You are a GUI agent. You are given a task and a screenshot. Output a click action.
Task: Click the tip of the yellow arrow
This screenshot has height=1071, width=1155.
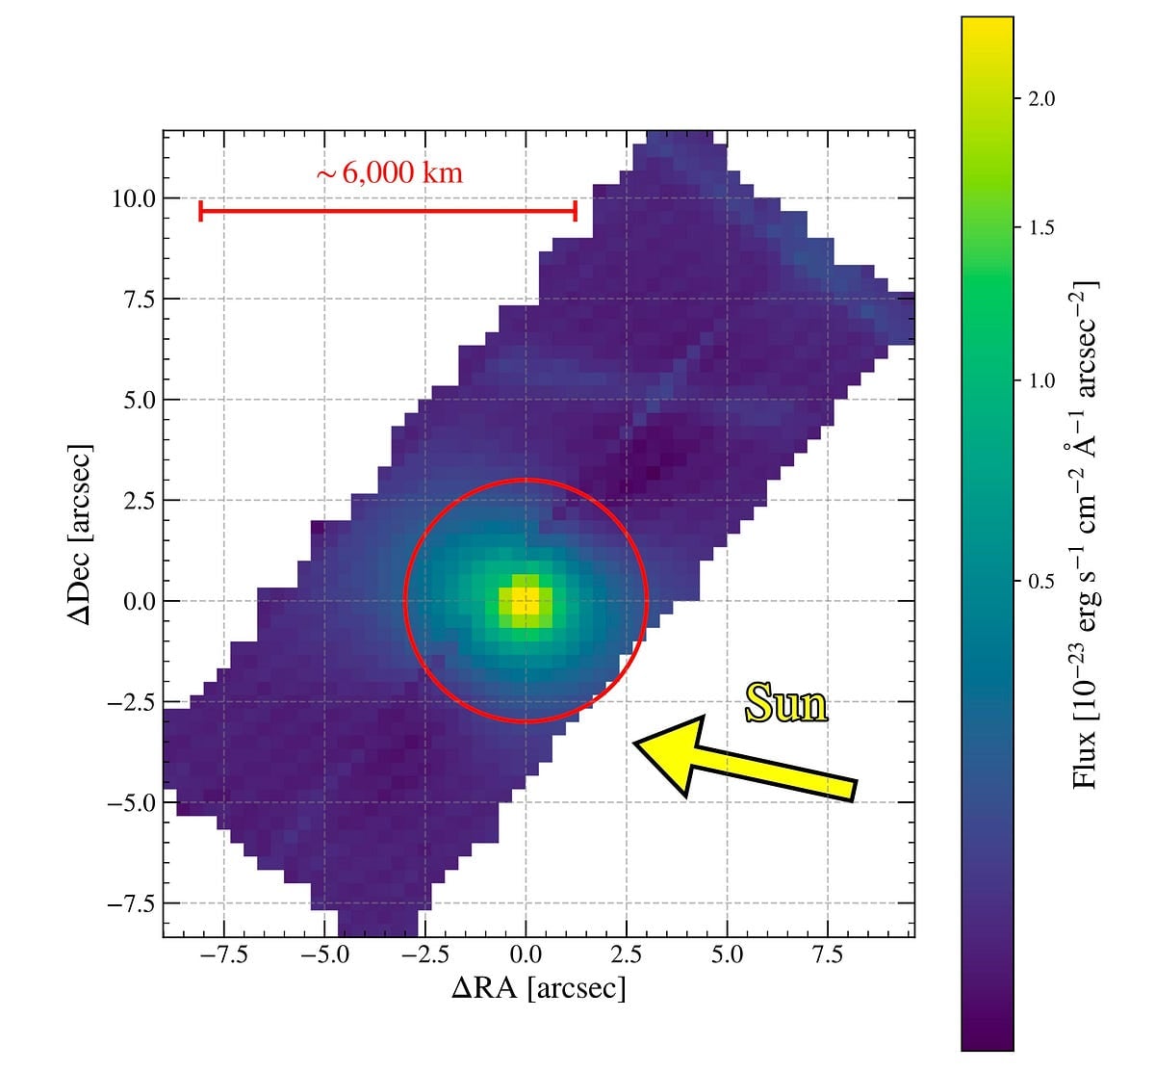pyautogui.click(x=636, y=742)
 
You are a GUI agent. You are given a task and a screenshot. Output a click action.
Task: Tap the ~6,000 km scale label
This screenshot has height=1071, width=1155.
pyautogui.click(x=390, y=173)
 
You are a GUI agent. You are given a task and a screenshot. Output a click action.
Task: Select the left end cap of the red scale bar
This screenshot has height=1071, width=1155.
pyautogui.click(x=200, y=211)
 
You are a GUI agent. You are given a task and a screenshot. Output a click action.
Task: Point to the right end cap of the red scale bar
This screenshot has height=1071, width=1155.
pyautogui.click(x=575, y=211)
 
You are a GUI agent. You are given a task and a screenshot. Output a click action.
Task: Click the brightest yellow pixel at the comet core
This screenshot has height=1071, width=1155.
pyautogui.click(x=526, y=604)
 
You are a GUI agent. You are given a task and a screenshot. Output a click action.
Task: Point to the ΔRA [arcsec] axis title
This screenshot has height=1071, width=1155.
pyautogui.click(x=538, y=988)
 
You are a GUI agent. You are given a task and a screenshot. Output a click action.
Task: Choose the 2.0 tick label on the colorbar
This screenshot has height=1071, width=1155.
pyautogui.click(x=1041, y=99)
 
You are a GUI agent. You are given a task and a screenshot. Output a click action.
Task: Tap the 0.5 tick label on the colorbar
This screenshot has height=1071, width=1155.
pyautogui.click(x=1041, y=581)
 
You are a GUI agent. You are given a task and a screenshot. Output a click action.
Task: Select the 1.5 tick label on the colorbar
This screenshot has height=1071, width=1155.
pyautogui.click(x=1041, y=228)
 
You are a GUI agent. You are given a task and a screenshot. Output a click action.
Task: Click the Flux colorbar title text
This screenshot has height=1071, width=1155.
pyautogui.click(x=1085, y=535)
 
